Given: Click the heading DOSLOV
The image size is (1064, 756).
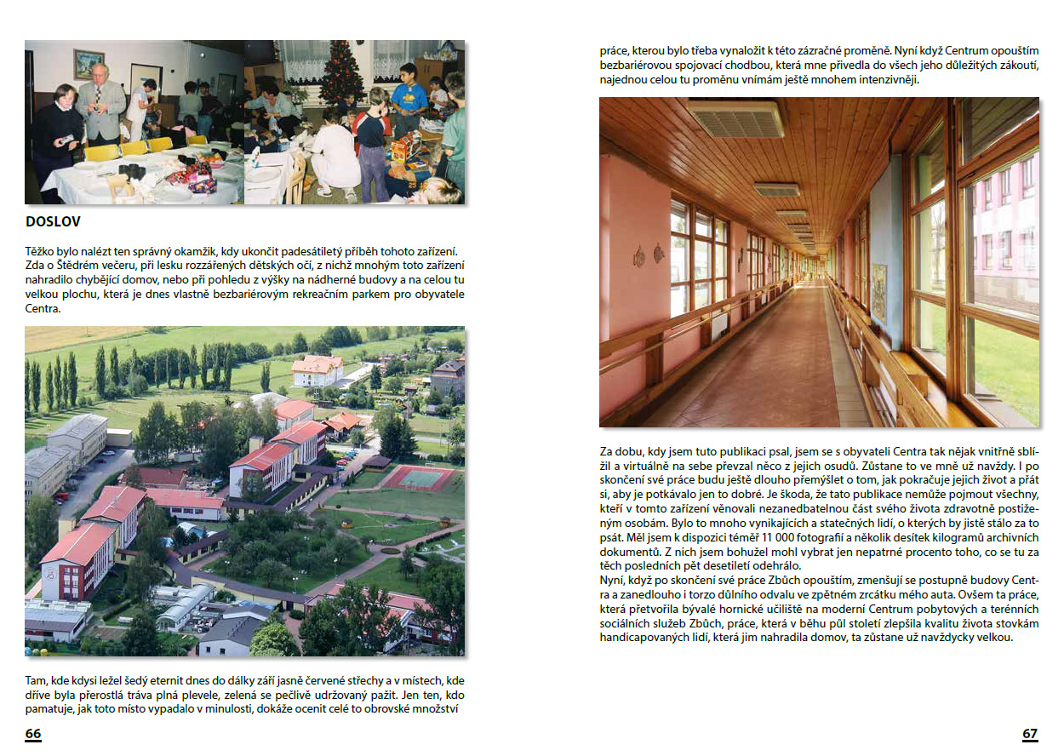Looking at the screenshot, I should [53, 222].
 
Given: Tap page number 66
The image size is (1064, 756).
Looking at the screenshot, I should [33, 734].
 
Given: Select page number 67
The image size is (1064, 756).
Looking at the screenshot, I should [1030, 734].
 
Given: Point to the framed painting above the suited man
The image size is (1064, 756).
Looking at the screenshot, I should [89, 64].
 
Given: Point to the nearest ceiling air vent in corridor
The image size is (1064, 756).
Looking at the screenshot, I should [736, 119].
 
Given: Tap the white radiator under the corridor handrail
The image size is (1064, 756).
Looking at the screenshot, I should [719, 324].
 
